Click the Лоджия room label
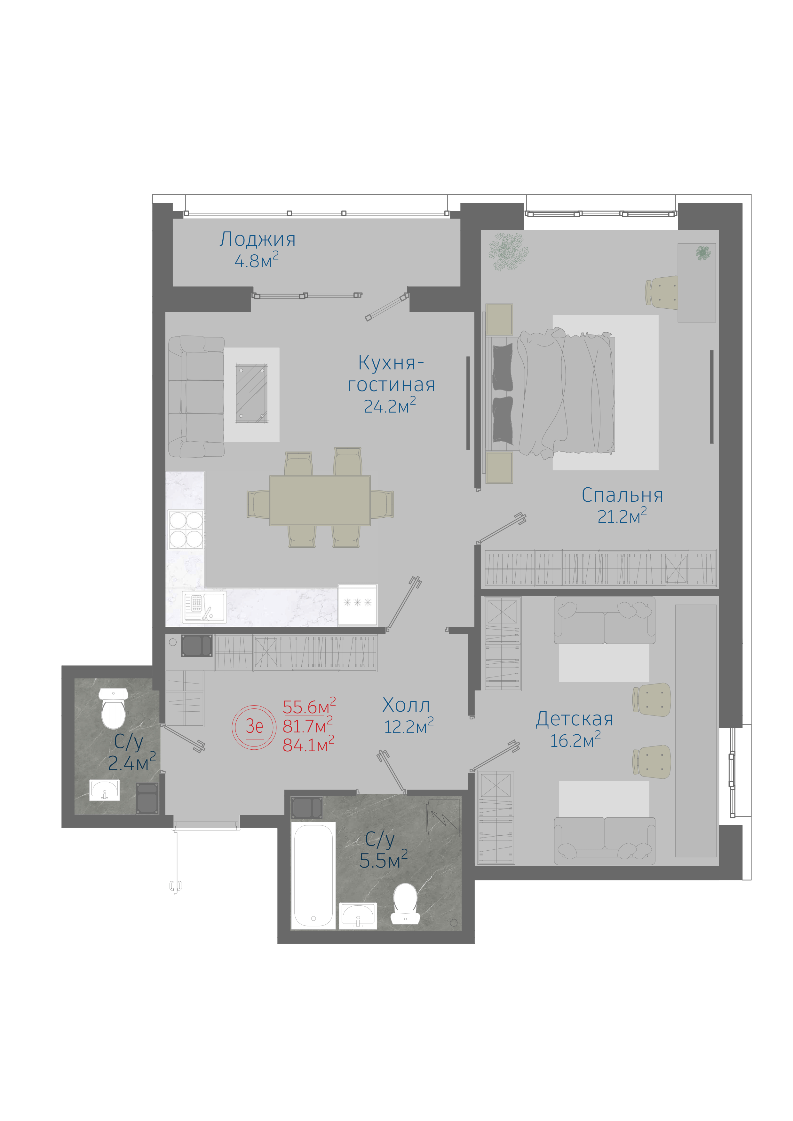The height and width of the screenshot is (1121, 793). click(x=258, y=239)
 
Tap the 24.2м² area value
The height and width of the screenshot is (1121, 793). click(x=389, y=406)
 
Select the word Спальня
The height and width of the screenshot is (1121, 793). click(x=622, y=496)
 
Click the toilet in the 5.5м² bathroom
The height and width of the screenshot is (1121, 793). click(x=406, y=903)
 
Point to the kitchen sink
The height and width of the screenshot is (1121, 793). click(x=204, y=607)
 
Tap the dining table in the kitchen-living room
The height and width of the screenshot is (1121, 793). click(x=320, y=500)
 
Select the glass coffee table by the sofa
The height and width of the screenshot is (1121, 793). click(x=252, y=393)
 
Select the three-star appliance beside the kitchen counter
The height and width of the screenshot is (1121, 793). click(x=358, y=605)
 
